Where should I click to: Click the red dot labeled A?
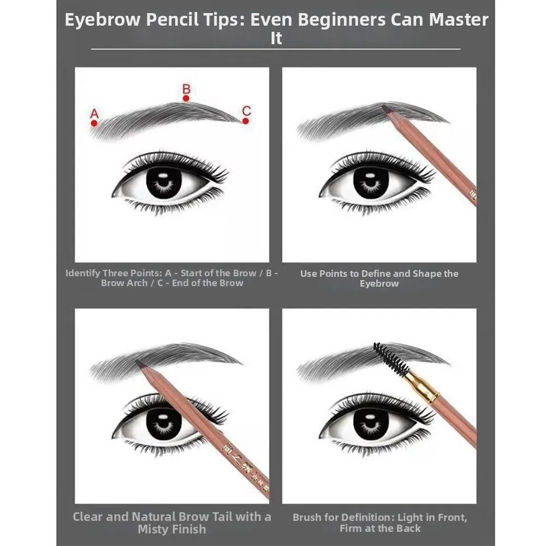coord(94,123)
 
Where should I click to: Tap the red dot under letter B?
coord(186,98)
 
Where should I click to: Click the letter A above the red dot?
coord(94,114)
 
